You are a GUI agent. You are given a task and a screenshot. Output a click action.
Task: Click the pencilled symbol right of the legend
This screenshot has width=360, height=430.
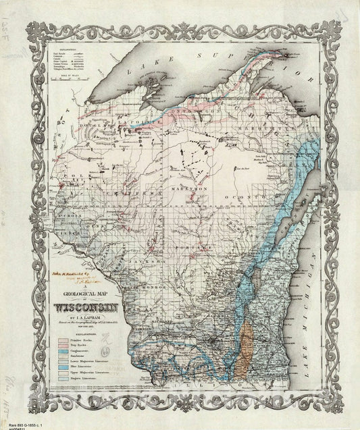coord(107,351)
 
